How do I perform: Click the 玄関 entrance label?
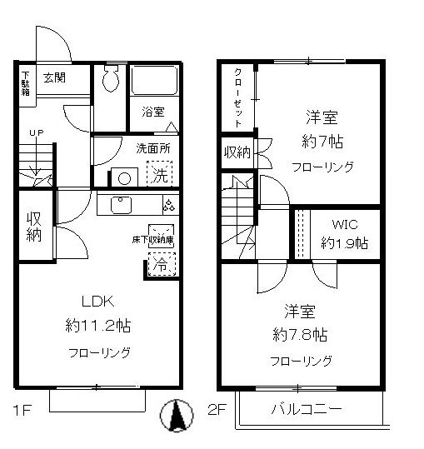[x=54, y=77]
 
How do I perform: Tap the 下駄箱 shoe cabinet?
[x=26, y=83]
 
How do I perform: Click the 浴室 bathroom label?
[x=152, y=110]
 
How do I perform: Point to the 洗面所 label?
[x=153, y=149]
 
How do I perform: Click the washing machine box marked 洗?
[x=159, y=175]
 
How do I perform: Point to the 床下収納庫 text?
[x=152, y=240]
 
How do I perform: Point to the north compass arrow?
[x=176, y=417]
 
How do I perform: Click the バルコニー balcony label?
[x=307, y=410]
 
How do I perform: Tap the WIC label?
[x=343, y=224]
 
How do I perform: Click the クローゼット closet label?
[x=237, y=97]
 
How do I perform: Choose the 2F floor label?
[x=216, y=410]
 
